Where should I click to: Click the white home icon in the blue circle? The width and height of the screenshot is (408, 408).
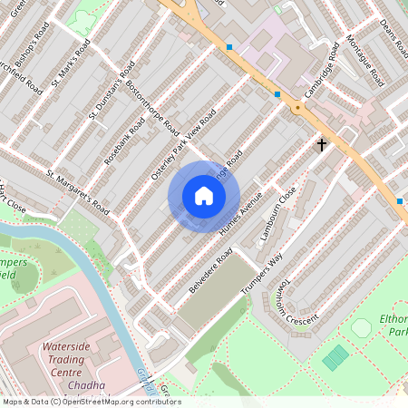click(x=204, y=196)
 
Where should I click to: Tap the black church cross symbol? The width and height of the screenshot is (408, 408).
click(x=321, y=144)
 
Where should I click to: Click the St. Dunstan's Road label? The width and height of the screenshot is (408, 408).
click(x=112, y=91)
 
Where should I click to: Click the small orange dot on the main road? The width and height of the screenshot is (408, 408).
click(x=296, y=109)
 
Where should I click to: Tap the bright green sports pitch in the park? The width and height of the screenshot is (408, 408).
click(x=335, y=356)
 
